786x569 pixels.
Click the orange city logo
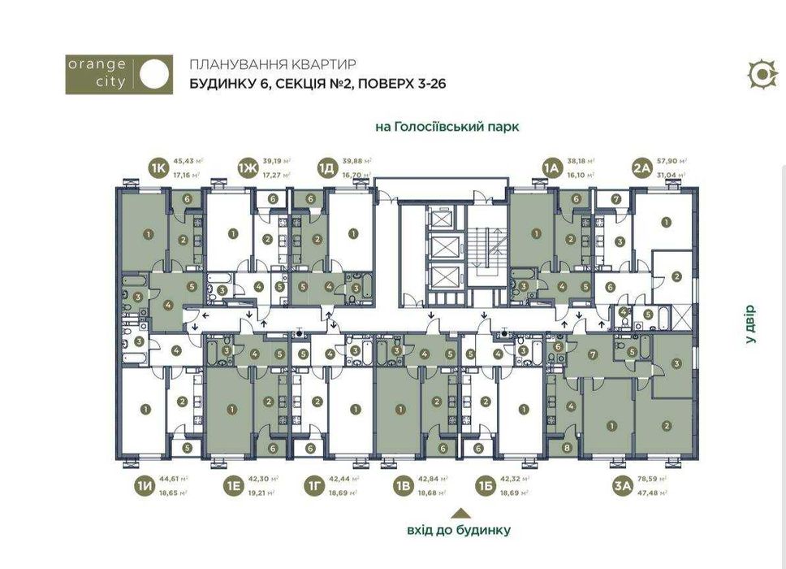coord(119,75)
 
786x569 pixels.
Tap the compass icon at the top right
coord(762,74)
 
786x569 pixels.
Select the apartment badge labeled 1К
coord(158,167)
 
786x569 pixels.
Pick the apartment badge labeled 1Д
coord(326,167)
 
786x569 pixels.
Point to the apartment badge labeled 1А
coord(553,167)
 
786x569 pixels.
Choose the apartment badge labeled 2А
coord(642,167)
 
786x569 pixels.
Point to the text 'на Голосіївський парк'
coord(447,127)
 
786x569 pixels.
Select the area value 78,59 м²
coord(654,480)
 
